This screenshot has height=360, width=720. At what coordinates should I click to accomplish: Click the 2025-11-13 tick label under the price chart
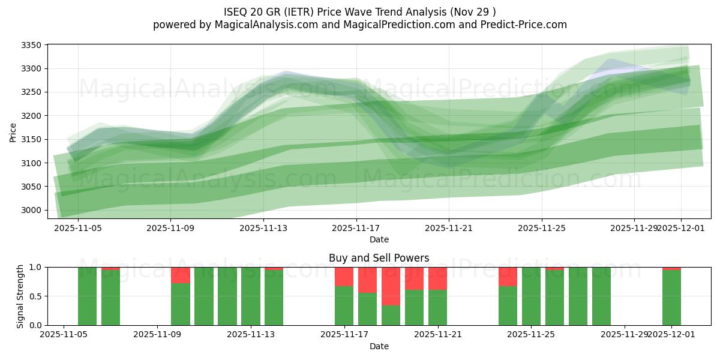tap(263, 228)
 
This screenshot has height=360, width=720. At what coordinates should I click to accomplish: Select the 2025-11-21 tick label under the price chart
tap(449, 228)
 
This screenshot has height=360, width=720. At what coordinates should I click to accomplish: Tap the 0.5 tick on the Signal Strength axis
tap(35, 296)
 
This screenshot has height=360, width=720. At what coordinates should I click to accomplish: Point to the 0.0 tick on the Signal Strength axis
tap(35, 325)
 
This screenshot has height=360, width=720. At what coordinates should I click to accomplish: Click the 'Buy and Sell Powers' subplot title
tap(379, 259)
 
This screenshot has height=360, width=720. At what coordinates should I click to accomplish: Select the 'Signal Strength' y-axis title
tap(20, 296)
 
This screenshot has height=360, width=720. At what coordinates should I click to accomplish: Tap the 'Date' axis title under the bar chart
tap(379, 346)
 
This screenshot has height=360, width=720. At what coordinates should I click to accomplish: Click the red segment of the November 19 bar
tap(391, 286)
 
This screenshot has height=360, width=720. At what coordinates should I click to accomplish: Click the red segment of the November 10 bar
tap(181, 275)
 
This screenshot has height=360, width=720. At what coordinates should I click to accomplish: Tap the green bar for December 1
tap(671, 298)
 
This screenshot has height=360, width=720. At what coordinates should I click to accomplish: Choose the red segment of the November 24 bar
tap(508, 277)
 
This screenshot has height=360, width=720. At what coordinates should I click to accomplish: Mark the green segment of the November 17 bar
tap(344, 305)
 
